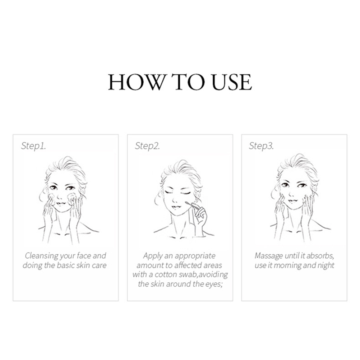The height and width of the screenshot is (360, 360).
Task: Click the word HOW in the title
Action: click(137, 82)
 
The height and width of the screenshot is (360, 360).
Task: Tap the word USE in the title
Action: click(232, 82)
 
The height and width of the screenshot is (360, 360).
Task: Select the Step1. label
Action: click(33, 146)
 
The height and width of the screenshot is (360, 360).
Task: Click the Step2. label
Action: click(147, 146)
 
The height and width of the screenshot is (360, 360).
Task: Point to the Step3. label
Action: click(261, 146)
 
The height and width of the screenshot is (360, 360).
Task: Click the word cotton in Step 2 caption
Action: click(165, 274)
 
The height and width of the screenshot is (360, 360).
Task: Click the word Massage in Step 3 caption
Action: click(269, 256)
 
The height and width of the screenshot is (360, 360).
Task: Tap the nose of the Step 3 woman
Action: click(292, 194)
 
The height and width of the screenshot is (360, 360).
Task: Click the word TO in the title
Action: click(188, 82)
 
